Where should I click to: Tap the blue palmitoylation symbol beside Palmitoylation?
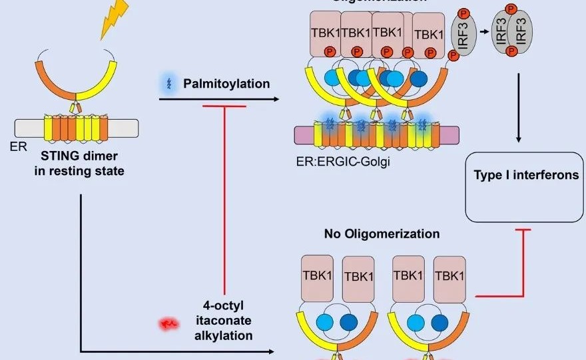pos(168,85)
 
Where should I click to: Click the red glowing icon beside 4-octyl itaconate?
pos(167,325)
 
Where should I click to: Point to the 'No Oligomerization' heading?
pos(382,234)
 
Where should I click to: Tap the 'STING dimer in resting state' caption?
pos(79,164)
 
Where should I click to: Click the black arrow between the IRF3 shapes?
pos(484,31)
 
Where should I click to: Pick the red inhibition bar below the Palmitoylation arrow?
pos(224,106)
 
